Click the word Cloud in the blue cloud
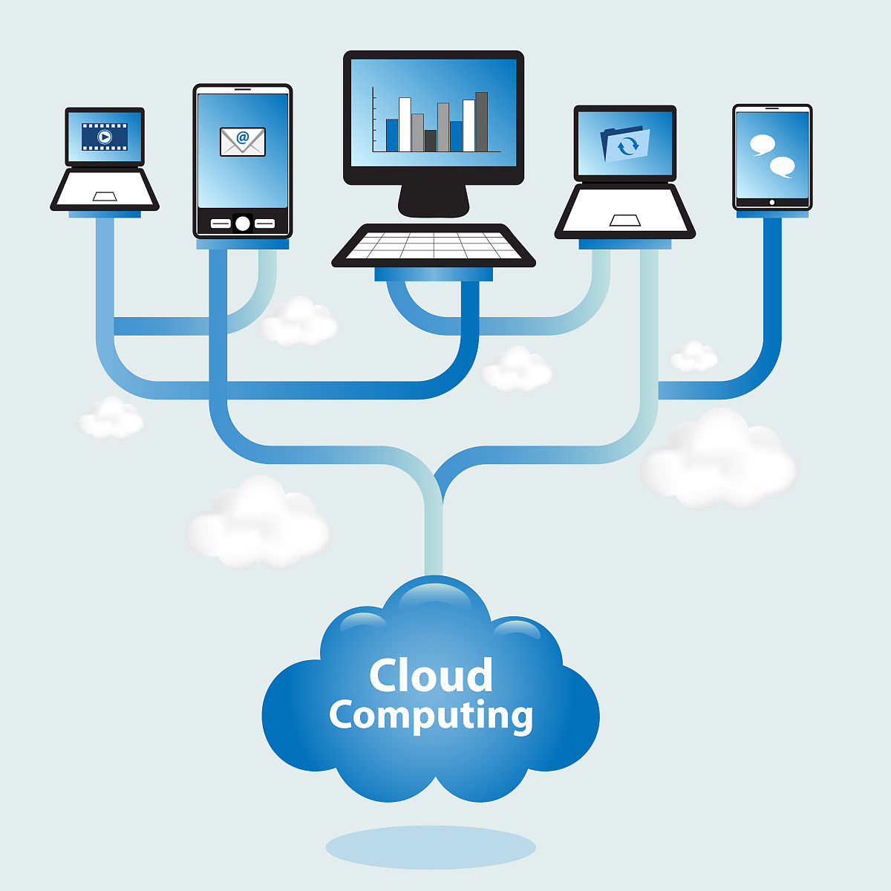pyautogui.click(x=431, y=676)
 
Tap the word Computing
pyautogui.click(x=431, y=716)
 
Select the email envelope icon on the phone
pyautogui.click(x=242, y=142)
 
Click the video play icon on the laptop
pyautogui.click(x=105, y=137)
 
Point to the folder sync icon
pyautogui.click(x=625, y=143)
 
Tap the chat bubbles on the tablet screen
pyautogui.click(x=772, y=155)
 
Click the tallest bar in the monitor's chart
pyautogui.click(x=481, y=122)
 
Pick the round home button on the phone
pyautogui.click(x=242, y=223)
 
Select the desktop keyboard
pyautogui.click(x=434, y=244)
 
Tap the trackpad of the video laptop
pyautogui.click(x=105, y=197)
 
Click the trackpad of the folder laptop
pyautogui.click(x=625, y=220)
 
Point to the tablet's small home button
pyautogui.click(x=772, y=202)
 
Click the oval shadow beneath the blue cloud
pyautogui.click(x=431, y=846)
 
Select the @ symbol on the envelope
pyautogui.click(x=243, y=137)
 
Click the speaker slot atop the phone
pyautogui.click(x=242, y=89)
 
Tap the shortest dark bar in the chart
pyautogui.click(x=431, y=140)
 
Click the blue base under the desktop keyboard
pyautogui.click(x=434, y=275)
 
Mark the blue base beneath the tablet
pyautogui.click(x=772, y=214)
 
